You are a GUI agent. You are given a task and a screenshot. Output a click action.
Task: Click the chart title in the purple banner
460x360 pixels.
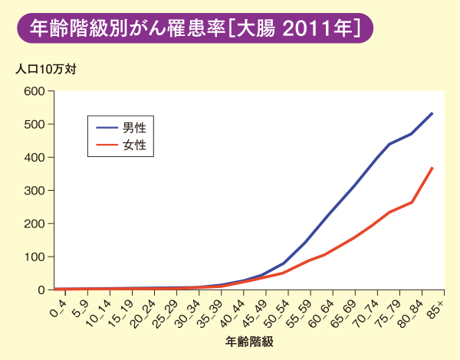tap(195, 28)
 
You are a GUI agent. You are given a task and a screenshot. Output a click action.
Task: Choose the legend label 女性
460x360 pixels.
tap(135, 144)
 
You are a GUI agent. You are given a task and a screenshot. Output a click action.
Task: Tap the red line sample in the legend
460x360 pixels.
tap(107, 144)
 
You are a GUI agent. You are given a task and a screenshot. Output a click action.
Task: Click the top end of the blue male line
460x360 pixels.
tap(432, 113)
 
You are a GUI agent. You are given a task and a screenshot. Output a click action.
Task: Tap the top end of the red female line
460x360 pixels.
tap(432, 168)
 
